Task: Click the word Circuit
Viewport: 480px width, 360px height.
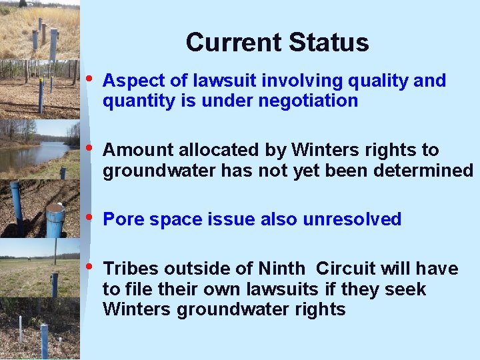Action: click(x=345, y=269)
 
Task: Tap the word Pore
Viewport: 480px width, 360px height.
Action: click(x=124, y=220)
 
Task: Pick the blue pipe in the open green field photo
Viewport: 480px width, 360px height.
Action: click(x=55, y=284)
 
